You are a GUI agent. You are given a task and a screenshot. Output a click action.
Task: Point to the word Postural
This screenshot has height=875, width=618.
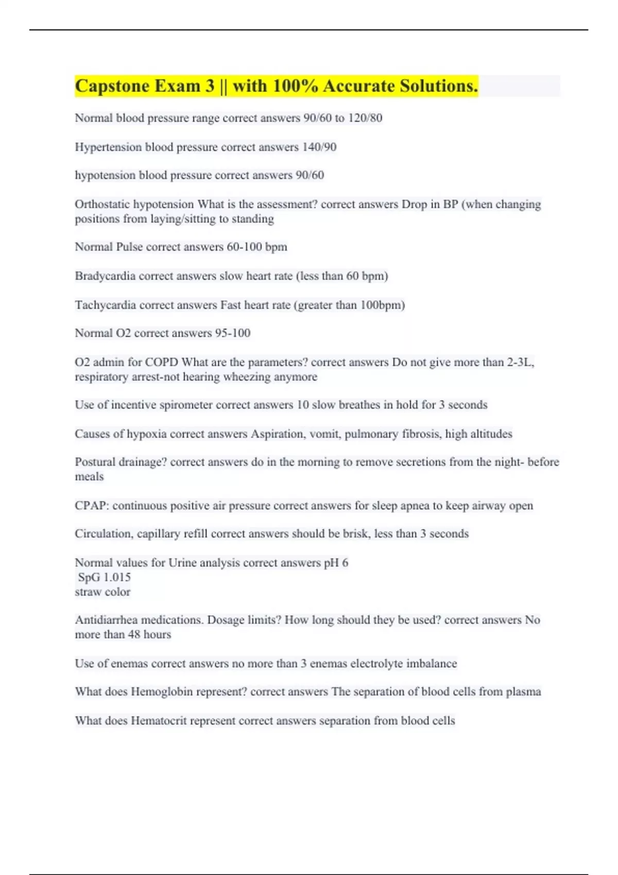click(95, 462)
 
